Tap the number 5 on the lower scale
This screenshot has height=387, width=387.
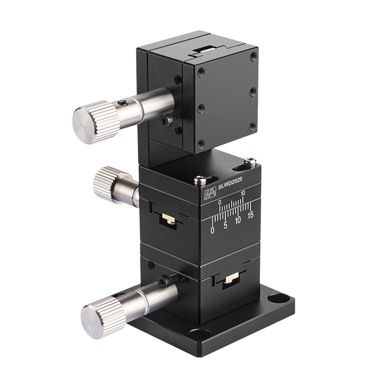[x=225, y=224]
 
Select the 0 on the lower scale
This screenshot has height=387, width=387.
[x=213, y=230]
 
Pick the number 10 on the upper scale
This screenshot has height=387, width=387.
[x=243, y=193]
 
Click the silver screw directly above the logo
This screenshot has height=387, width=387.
[x=199, y=180]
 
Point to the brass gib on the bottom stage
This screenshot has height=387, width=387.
[x=231, y=279]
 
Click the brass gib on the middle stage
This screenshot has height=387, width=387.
[x=166, y=218]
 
